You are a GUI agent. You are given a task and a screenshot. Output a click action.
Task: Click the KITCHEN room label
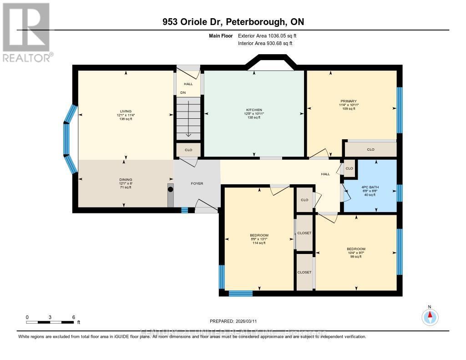254,110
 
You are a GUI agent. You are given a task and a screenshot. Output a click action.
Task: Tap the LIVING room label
125,111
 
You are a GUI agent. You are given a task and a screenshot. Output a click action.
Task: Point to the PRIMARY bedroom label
349,101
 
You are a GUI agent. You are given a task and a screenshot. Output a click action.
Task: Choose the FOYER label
197,183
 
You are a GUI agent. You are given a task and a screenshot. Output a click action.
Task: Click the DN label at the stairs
183,92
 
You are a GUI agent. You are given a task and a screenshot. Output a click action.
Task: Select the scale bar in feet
50,322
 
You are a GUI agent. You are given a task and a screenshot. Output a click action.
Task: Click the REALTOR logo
27,32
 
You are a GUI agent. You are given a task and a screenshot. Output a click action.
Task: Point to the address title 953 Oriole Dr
233,22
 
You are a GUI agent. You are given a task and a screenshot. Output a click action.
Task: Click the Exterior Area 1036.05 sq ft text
268,35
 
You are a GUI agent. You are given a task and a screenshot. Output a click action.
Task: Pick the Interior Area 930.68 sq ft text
265,43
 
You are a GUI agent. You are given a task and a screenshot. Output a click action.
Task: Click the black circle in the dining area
171,189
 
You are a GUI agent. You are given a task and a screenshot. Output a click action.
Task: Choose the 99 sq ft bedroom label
356,257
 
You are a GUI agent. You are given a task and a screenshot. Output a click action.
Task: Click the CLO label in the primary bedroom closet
370,149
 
